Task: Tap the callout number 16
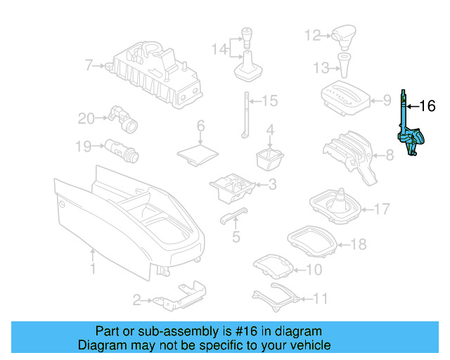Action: (x=427, y=106)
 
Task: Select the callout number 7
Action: (x=89, y=66)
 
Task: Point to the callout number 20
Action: (x=86, y=118)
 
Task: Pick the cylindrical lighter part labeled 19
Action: (x=122, y=149)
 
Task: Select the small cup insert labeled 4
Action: (x=269, y=158)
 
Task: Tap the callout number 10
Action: (x=314, y=269)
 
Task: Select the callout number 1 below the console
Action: (x=92, y=269)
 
